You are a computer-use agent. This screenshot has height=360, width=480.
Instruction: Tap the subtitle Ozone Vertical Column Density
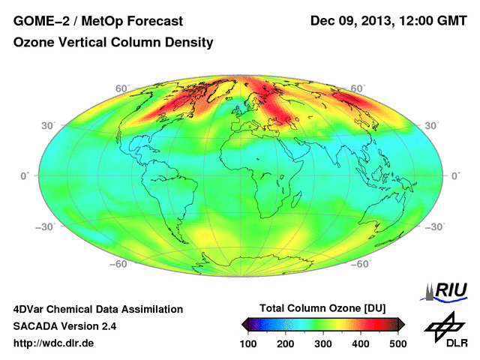click(x=113, y=43)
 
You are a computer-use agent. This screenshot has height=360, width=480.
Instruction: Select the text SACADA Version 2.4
click(x=64, y=326)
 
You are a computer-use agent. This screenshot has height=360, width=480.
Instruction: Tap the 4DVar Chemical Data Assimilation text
click(x=97, y=309)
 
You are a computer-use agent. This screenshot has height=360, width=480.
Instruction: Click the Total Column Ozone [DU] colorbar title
click(x=322, y=309)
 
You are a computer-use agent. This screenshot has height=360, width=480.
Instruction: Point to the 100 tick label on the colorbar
click(x=248, y=343)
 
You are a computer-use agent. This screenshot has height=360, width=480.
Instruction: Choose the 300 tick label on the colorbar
click(x=322, y=343)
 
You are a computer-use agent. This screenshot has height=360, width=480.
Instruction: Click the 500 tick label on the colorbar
click(x=397, y=343)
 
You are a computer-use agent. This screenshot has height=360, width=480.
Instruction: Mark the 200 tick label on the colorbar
click(x=286, y=343)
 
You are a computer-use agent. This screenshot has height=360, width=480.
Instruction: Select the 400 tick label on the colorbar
click(x=360, y=343)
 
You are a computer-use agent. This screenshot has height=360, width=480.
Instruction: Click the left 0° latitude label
click(x=24, y=175)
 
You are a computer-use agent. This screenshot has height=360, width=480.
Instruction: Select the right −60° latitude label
click(x=361, y=264)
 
